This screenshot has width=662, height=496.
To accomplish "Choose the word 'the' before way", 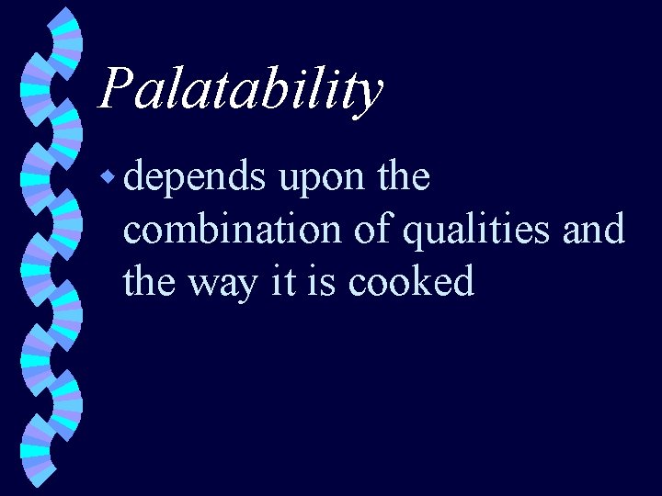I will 150,281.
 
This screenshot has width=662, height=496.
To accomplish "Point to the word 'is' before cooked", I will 325,281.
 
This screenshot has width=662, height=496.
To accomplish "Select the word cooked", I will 412,281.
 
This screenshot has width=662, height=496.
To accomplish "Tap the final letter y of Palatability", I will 367,95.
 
